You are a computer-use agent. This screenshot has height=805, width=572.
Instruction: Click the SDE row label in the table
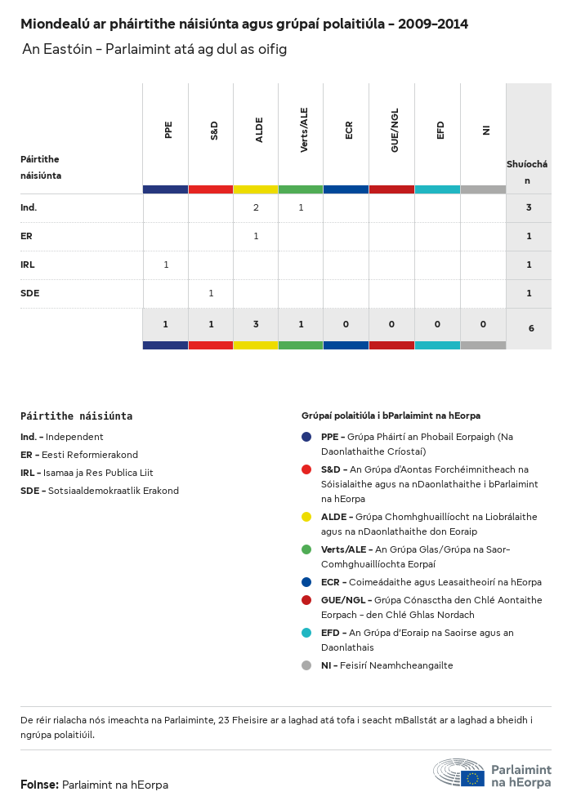point(30,293)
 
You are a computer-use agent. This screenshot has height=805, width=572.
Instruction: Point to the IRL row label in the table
point(28,265)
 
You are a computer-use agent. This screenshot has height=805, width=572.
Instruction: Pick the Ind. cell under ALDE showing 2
point(256,207)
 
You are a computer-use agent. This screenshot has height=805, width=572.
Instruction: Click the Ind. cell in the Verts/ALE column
point(301,207)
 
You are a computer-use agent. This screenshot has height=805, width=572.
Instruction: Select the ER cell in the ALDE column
point(256,236)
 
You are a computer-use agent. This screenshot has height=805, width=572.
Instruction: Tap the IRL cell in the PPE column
point(166,265)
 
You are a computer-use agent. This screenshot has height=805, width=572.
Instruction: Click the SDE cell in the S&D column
point(211,293)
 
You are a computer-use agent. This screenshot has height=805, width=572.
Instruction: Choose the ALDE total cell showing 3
point(256,324)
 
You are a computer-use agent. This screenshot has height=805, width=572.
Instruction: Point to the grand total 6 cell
point(531,328)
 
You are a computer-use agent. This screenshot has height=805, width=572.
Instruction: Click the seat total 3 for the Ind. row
point(529,207)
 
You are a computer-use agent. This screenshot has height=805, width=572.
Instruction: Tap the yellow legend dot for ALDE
point(306,517)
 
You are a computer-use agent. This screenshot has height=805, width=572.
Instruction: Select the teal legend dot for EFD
point(306,633)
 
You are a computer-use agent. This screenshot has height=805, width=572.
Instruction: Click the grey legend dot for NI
point(306,665)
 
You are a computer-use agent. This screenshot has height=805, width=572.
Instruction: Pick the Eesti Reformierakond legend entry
point(79,455)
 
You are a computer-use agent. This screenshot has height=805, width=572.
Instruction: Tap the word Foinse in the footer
point(39,785)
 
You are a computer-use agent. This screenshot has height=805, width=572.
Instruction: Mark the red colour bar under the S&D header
point(211,189)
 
